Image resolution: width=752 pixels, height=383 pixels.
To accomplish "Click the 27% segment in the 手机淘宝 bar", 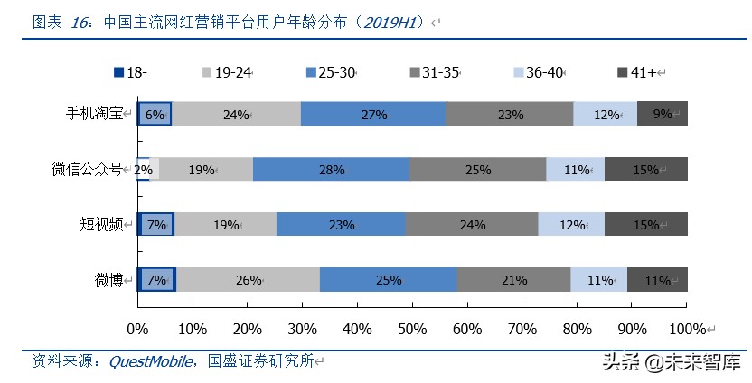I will click(x=373, y=114).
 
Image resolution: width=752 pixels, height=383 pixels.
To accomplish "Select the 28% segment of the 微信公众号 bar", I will click(x=331, y=169).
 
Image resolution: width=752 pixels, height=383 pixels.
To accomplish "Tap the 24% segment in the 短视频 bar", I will click(x=472, y=225).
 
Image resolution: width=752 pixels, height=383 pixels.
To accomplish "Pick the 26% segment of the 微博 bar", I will click(x=248, y=280).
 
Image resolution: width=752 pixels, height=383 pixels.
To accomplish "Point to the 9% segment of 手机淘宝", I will click(x=663, y=114).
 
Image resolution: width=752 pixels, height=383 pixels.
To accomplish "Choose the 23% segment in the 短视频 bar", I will click(x=341, y=225).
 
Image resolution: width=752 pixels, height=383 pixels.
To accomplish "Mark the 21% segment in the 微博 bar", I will click(x=513, y=280).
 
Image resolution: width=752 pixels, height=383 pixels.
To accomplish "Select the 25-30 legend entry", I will click(x=327, y=72).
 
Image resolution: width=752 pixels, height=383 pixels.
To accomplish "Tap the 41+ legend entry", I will click(x=641, y=72).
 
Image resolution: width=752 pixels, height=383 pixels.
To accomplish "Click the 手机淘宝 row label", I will click(x=98, y=114).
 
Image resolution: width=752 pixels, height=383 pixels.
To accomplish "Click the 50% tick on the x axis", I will click(x=412, y=327).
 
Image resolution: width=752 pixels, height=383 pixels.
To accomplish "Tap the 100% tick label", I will click(x=688, y=327).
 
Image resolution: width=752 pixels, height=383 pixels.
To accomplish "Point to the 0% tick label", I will click(x=137, y=327).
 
